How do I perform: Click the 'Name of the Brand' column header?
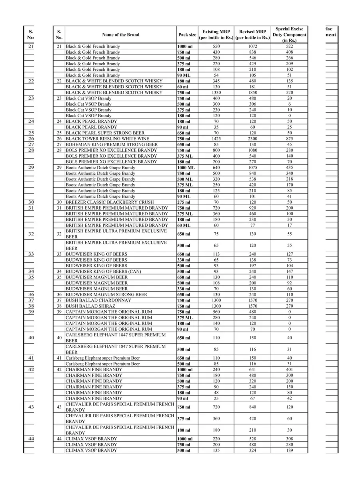coord(120,35)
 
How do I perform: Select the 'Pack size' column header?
coord(187,35)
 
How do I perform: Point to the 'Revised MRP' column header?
coord(252,35)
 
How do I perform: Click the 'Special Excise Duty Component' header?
coord(289,35)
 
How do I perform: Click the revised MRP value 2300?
coord(252,139)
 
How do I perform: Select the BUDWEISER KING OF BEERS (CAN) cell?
coord(103,272)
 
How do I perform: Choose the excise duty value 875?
coord(289,139)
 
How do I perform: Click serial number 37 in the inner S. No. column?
coord(59,300)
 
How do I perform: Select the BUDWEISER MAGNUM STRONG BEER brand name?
coord(106,295)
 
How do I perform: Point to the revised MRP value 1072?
coord(252,46)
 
